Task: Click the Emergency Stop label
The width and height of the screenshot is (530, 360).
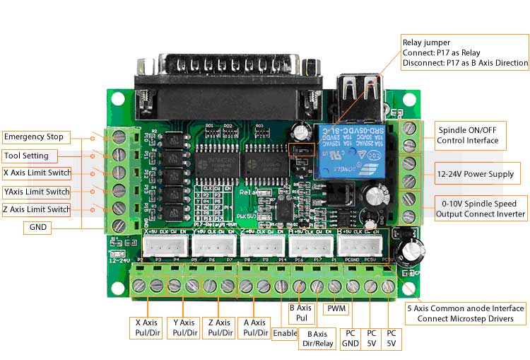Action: click(x=34, y=137)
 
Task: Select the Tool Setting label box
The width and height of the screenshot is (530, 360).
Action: click(x=27, y=156)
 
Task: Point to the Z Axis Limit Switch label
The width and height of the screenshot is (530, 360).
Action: click(x=37, y=209)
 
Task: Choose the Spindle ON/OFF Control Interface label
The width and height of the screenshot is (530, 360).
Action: click(x=467, y=135)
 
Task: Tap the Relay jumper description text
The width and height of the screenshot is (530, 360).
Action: click(x=464, y=52)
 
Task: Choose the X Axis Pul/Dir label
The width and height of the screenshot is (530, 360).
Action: click(x=148, y=327)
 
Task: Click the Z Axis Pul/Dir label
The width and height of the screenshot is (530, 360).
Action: click(x=219, y=327)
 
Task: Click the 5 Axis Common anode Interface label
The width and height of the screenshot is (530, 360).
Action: click(x=466, y=313)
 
